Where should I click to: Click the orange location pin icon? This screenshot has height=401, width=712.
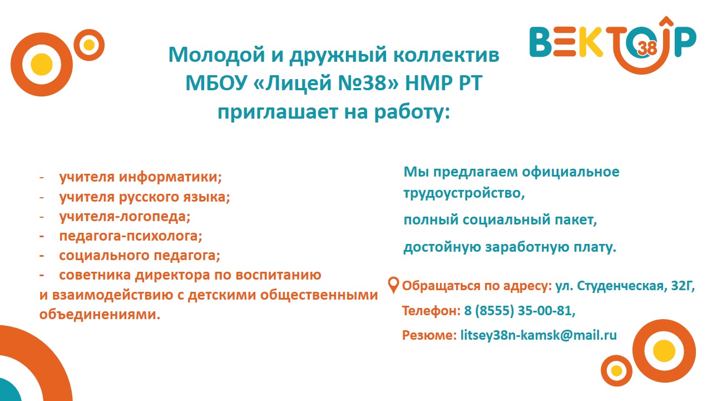pos(393,285)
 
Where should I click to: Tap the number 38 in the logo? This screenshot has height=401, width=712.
pos(647,48)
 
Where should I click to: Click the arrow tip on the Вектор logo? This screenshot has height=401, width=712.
pos(666,17)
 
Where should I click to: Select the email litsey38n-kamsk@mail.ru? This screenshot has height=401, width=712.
pos(538,335)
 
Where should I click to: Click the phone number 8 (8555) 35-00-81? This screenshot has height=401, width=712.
pos(520,311)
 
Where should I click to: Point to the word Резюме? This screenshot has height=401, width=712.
pos(429,335)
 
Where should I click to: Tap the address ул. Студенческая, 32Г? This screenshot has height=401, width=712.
pos(625,286)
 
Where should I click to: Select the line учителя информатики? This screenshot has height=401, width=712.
pos(140,177)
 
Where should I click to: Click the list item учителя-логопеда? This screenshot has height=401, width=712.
pos(125,217)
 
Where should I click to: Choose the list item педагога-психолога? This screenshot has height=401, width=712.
pos(131,236)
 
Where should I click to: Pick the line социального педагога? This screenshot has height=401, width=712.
pos(140,256)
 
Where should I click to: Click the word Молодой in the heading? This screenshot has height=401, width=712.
pos(216,55)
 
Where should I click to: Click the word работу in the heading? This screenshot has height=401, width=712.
pos(412,112)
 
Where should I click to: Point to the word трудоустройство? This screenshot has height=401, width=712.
pos(464,193)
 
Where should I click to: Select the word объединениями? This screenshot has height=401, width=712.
pos(100,315)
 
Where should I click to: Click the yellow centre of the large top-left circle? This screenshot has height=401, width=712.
pos(41,64)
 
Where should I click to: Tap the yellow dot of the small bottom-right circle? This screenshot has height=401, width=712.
pos(617,370)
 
